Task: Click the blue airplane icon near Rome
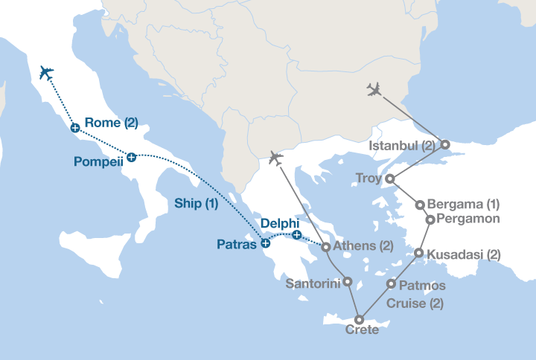tap(45, 73)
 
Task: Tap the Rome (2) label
tap(111, 123)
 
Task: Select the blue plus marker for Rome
tap(74, 128)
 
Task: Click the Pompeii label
tap(98, 161)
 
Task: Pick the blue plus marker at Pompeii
tap(131, 157)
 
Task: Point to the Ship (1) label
tap(196, 203)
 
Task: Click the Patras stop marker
tap(265, 243)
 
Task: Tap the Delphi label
tap(280, 222)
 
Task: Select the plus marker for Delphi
tap(296, 235)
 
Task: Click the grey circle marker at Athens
tap(325, 246)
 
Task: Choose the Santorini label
tap(313, 283)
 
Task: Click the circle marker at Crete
tap(359, 320)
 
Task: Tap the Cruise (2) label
tap(415, 303)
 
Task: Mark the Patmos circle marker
tap(392, 283)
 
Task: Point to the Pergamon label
tap(468, 219)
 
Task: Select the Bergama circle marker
tap(420, 205)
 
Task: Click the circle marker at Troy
tap(389, 179)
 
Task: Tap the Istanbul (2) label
tap(402, 146)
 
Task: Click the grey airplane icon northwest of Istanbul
tap(374, 90)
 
